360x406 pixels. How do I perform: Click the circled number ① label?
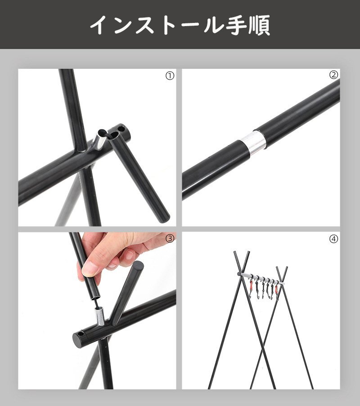[170, 76]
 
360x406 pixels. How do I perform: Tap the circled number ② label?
[333, 75]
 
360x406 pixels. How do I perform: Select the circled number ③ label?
[170, 238]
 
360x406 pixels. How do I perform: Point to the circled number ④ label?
[333, 239]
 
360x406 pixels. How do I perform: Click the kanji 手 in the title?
[235, 25]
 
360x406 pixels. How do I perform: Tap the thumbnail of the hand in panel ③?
[90, 268]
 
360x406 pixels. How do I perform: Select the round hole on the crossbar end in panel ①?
[121, 128]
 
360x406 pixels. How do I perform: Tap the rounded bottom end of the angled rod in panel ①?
[165, 215]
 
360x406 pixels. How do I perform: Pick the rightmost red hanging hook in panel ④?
[276, 289]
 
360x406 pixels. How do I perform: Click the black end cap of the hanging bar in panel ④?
[238, 273]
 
